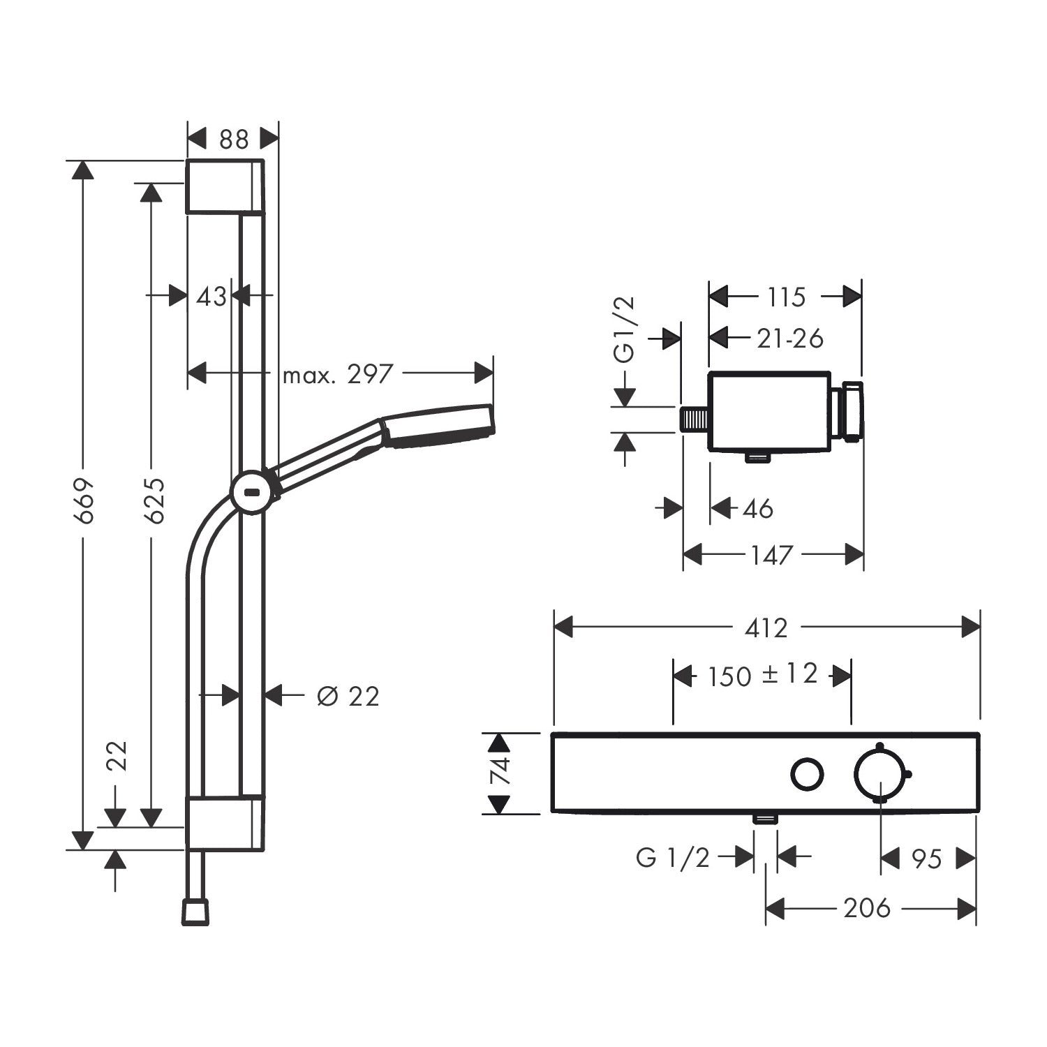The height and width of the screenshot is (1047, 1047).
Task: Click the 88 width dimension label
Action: [x=234, y=140]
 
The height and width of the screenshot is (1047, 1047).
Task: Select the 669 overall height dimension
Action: [x=84, y=500]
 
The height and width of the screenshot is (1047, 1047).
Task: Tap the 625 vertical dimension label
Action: [x=153, y=500]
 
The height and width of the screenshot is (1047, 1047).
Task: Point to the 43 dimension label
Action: [x=211, y=297]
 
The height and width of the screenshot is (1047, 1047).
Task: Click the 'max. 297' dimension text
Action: [x=338, y=375]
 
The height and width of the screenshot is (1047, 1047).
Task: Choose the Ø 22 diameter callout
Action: [x=348, y=696]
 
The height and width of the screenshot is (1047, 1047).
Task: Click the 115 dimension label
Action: [x=787, y=297]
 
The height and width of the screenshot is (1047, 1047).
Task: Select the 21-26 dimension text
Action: [x=790, y=339]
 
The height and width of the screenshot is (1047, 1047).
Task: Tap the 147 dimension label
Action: [x=772, y=556]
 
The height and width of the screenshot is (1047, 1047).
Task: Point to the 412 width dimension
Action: [x=766, y=628]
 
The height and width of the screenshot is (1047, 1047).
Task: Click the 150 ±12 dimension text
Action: [x=762, y=675]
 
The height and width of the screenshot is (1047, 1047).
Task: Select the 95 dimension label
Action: [x=928, y=859]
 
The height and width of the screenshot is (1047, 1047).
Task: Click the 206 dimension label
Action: [x=867, y=908]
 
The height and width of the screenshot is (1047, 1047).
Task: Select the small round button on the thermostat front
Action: [x=808, y=775]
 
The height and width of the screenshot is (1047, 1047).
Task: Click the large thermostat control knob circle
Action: [x=881, y=774]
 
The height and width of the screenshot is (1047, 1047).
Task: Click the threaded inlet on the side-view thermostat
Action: [x=695, y=419]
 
